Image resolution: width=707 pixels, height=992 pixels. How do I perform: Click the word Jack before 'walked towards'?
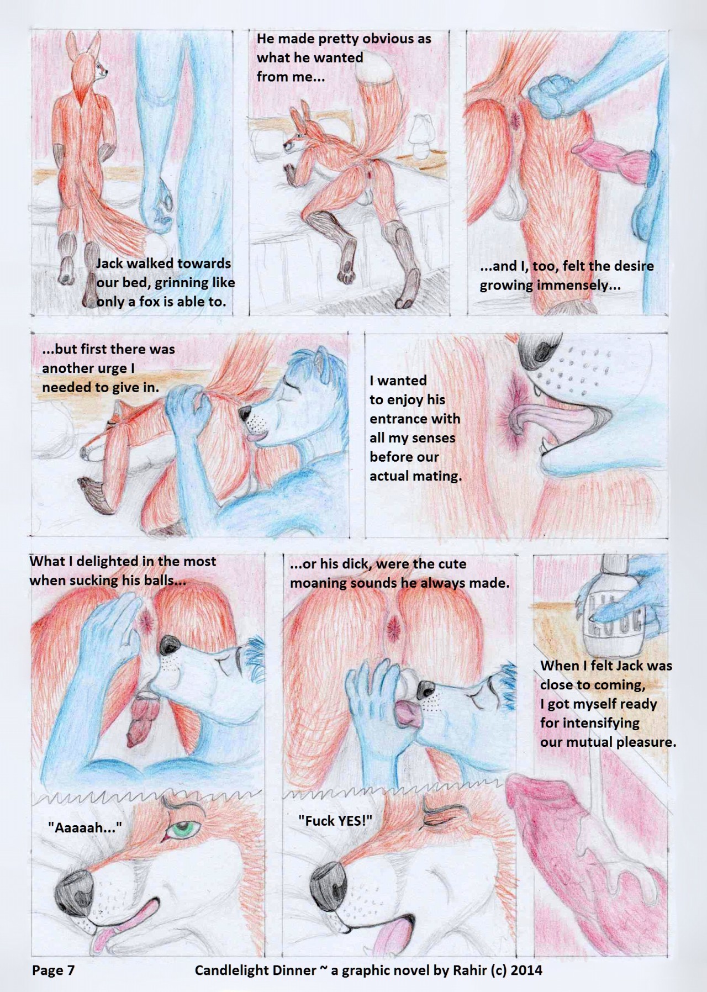[x=110, y=263]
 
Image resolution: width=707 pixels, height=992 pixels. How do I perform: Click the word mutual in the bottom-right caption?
[x=583, y=742]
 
